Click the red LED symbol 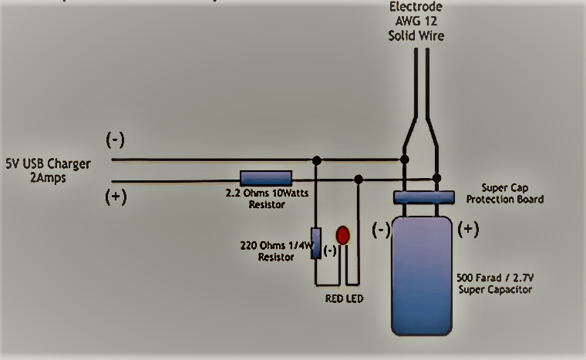343,235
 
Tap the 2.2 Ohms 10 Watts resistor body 266,179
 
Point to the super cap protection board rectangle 426,198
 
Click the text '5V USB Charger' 48,163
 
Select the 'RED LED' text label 343,298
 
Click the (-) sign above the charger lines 116,140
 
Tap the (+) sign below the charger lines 116,196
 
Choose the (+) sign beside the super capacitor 470,229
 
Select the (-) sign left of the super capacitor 381,230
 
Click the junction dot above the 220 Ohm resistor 316,160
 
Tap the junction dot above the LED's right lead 358,179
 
